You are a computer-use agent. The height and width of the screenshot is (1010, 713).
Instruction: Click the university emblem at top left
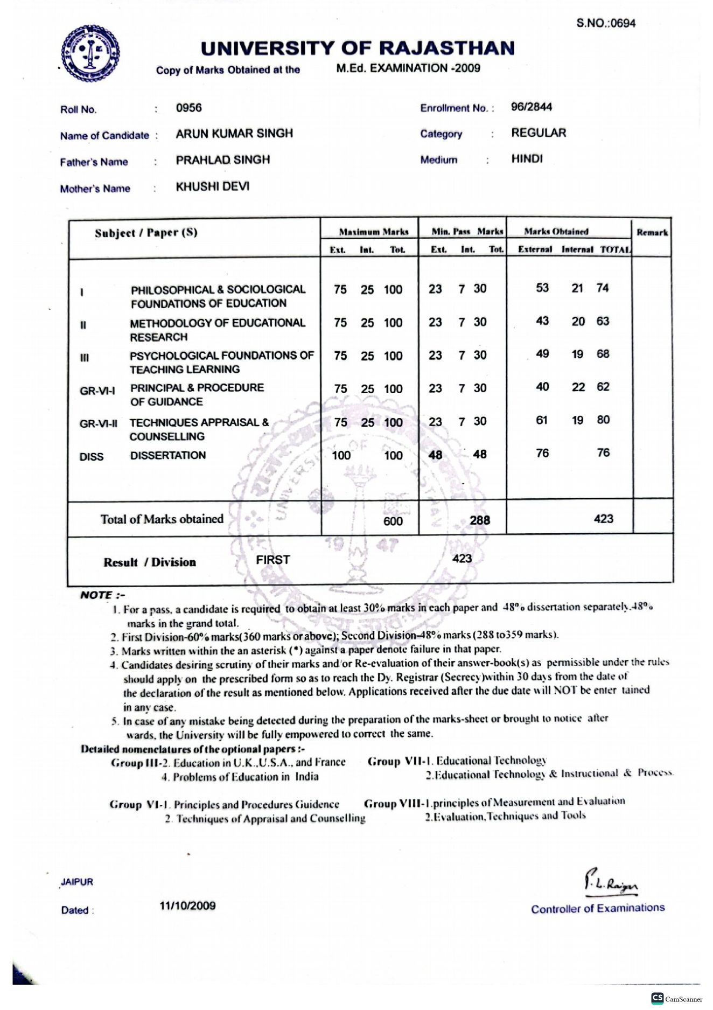[x=90, y=53]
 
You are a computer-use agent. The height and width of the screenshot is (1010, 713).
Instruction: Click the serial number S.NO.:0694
[x=606, y=23]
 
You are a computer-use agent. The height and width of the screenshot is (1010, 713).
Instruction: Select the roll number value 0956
[x=188, y=108]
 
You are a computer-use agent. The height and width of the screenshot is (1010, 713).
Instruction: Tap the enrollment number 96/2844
[x=531, y=107]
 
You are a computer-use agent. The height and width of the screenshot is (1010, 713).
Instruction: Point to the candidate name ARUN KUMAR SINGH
[x=234, y=134]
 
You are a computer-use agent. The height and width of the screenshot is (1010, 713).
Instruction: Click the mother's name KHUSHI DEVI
[x=212, y=186]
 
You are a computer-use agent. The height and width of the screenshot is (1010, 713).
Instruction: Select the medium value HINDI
[x=527, y=159]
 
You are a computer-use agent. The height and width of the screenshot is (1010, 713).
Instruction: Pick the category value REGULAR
[x=539, y=133]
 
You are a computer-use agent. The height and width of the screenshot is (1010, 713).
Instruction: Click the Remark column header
[x=652, y=233]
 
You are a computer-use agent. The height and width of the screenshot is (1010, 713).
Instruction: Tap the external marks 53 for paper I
[x=542, y=288]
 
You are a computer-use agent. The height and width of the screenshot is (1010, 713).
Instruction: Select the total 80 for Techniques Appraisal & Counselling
[x=603, y=420]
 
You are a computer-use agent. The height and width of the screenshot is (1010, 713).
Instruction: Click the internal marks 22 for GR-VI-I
[x=578, y=387]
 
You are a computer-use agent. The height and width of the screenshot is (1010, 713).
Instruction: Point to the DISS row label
[x=91, y=457]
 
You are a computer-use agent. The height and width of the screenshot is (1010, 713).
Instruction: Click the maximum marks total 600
[x=393, y=521]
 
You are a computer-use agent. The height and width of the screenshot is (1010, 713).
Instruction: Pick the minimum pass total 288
[x=479, y=520]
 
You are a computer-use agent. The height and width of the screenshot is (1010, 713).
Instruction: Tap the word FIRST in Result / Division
[x=272, y=560]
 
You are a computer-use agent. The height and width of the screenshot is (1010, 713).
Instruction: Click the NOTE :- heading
[x=102, y=595]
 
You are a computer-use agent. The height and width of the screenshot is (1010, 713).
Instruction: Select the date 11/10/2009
[x=187, y=905]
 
